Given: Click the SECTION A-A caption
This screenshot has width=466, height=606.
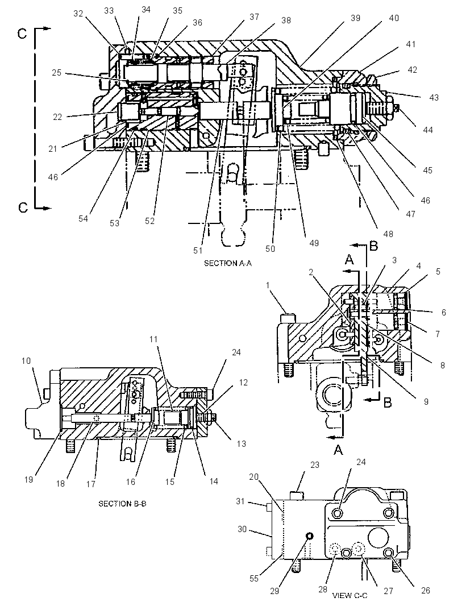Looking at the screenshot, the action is (x=227, y=263).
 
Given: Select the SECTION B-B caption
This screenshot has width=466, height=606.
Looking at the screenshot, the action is (x=122, y=504).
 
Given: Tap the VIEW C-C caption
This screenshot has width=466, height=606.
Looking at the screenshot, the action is (x=350, y=596).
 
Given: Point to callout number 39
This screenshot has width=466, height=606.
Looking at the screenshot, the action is (x=355, y=18).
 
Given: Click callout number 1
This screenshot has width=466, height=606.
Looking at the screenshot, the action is (x=268, y=285).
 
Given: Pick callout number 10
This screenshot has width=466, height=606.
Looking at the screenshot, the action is (x=26, y=360).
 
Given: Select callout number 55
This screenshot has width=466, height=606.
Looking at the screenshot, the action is (x=254, y=579).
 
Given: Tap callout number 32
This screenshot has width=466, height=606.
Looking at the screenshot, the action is (x=78, y=14).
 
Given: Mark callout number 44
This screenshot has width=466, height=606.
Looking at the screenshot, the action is (x=428, y=130).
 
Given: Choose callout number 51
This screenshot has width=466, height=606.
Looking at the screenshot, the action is (x=198, y=251).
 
